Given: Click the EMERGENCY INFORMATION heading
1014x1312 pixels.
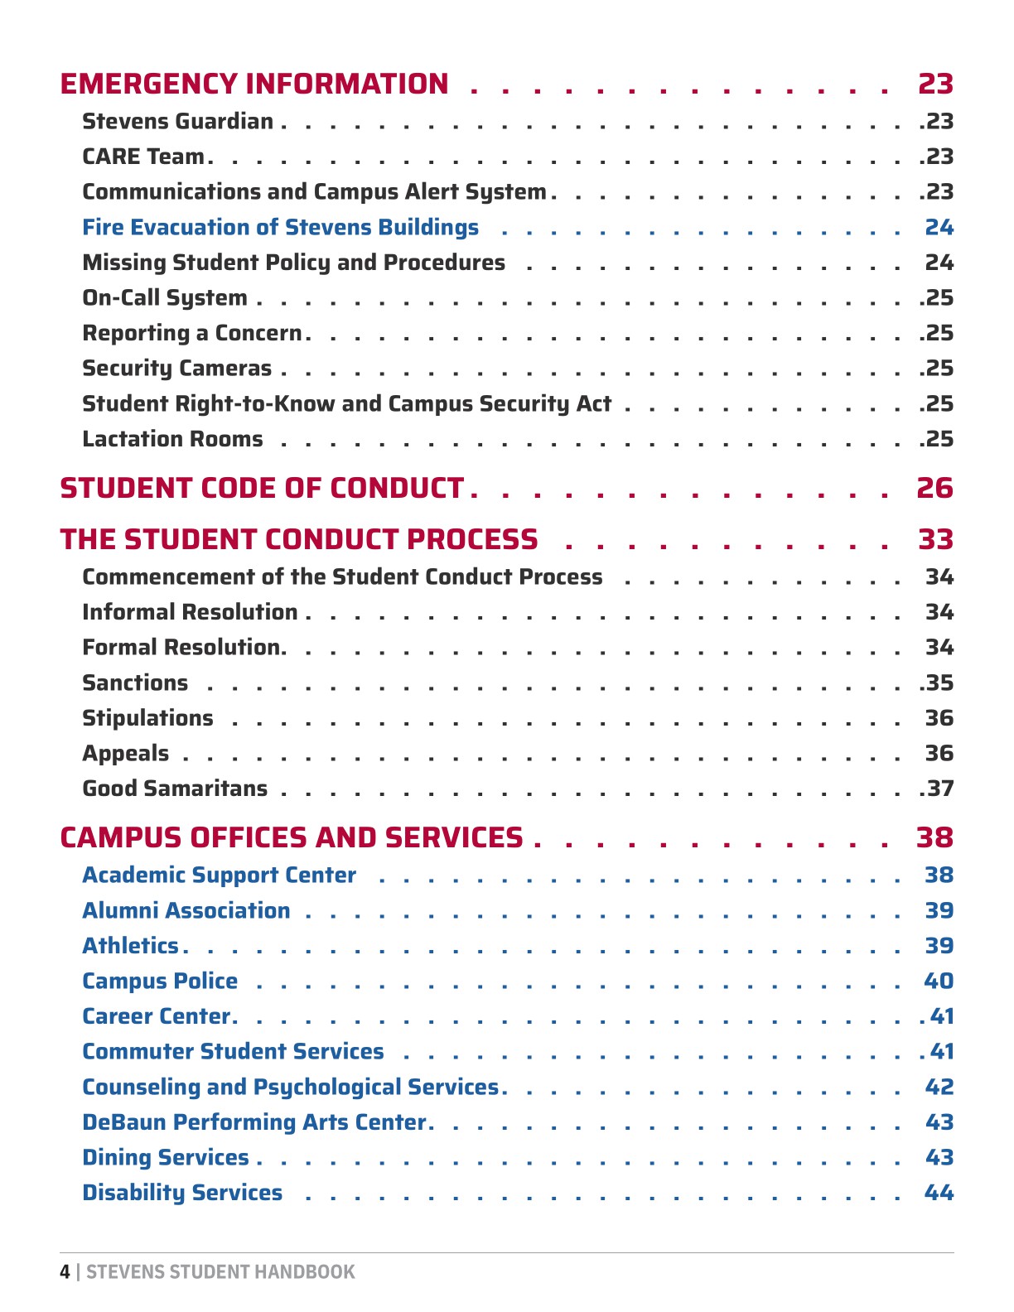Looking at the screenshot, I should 254,84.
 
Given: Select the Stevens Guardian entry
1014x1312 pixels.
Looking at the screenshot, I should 177,122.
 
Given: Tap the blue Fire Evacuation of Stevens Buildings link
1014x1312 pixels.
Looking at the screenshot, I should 280,228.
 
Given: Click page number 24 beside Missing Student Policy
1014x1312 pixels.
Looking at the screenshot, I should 939,263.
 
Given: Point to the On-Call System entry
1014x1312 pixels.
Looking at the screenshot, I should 165,298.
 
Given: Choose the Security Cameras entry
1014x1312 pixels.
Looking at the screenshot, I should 176,369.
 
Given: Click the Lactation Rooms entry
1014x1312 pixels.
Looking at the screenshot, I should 172,439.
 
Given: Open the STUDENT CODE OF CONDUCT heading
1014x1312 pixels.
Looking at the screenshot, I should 262,489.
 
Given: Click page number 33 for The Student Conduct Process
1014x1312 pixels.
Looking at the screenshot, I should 935,540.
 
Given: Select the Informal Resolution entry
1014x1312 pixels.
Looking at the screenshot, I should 190,612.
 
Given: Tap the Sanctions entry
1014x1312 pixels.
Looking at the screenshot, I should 135,683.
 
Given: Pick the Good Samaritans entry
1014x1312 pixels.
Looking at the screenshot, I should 175,789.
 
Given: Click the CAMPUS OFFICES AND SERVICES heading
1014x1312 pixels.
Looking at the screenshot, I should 292,838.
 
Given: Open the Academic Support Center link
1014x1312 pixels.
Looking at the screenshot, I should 219,875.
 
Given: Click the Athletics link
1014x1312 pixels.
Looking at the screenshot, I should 130,946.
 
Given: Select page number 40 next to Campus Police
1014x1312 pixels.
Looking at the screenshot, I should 939,982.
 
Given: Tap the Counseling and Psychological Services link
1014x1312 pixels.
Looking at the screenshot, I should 290,1088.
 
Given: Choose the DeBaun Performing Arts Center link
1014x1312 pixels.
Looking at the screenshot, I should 254,1122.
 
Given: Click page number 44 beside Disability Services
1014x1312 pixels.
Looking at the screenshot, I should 939,1194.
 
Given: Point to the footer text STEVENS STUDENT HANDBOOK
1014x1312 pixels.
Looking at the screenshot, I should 220,1272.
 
